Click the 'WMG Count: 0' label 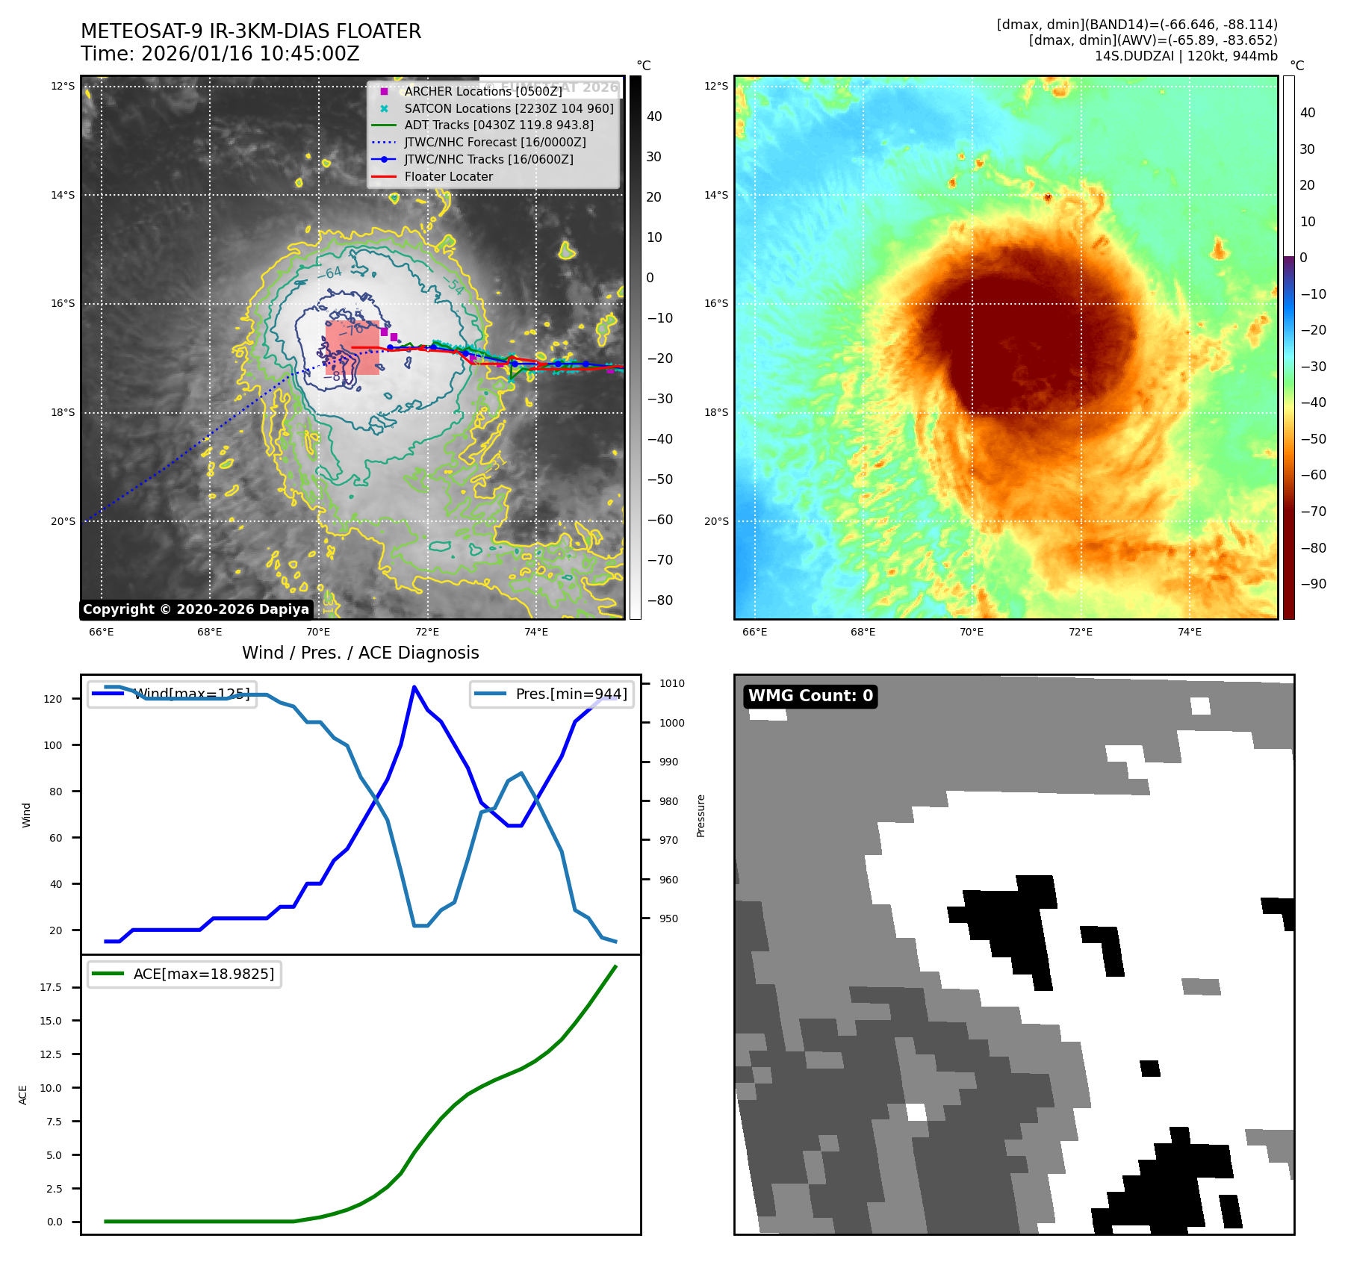[x=810, y=696]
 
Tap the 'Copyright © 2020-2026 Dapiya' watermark [x=196, y=609]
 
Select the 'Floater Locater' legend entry [x=448, y=177]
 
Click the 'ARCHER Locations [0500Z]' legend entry [x=482, y=91]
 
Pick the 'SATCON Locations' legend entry [x=509, y=108]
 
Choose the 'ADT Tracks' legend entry [x=499, y=125]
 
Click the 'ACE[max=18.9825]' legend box [x=184, y=974]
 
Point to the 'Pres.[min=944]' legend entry [x=552, y=694]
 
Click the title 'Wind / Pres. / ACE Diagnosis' [x=360, y=653]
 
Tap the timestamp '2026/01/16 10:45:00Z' [x=250, y=55]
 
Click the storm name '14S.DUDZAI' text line [x=1186, y=56]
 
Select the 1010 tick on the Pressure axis [x=671, y=683]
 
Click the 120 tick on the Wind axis [x=53, y=699]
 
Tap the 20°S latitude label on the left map [x=63, y=521]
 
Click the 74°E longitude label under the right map [x=1189, y=632]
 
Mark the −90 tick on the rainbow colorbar [x=1313, y=584]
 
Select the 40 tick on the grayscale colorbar [x=654, y=116]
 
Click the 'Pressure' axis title [x=701, y=815]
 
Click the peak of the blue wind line [x=414, y=686]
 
